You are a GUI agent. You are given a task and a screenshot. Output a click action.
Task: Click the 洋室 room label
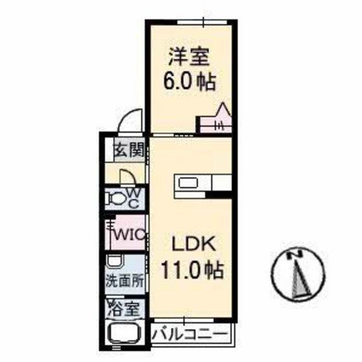[189, 57]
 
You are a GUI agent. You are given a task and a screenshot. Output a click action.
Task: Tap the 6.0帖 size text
[189, 83]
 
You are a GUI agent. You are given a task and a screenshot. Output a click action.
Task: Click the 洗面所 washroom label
[125, 281]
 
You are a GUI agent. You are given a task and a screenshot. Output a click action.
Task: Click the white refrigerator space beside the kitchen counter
[222, 184]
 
